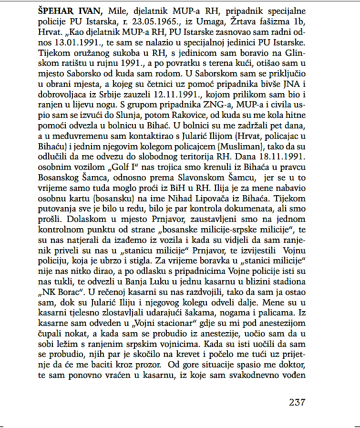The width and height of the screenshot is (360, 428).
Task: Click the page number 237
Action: [297, 402]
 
